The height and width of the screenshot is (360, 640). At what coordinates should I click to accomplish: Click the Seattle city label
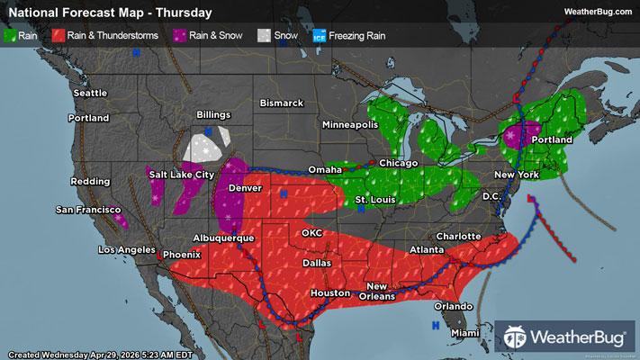click(x=90, y=93)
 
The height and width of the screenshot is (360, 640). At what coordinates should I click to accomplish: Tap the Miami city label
click(x=466, y=333)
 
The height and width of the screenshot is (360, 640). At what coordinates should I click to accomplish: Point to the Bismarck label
click(x=282, y=103)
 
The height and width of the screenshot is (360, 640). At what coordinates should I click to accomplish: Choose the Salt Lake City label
click(x=183, y=174)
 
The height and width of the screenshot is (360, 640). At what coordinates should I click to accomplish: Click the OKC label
click(x=312, y=232)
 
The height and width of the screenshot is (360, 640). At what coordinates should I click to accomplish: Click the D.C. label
click(x=491, y=195)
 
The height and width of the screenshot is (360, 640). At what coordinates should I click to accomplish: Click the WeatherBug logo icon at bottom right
click(x=519, y=337)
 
